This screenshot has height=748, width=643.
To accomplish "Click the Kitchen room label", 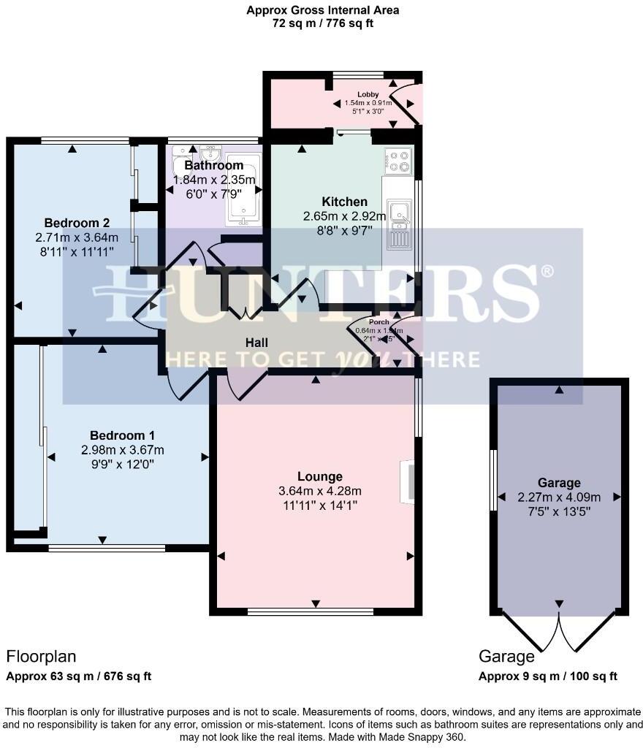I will coord(344,202).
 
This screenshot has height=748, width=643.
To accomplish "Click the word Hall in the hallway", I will coord(256,343).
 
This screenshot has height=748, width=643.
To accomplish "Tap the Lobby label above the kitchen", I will coord(368,94).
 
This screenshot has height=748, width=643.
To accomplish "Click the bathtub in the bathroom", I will coord(242,188).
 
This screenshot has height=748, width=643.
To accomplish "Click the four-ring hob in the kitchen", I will coord(398,161).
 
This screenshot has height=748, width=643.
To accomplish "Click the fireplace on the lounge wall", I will coord(408,481).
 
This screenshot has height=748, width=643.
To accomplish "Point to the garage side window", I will coord(492,480).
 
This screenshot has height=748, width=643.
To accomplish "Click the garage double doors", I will coord(559,631).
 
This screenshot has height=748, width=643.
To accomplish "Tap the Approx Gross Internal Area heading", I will coord(322,10).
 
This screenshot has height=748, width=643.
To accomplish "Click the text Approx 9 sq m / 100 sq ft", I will coord(547,676).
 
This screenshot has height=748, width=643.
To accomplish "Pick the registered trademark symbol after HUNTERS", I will coord(546,272).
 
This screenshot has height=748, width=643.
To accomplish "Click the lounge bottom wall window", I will coord(311,611).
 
